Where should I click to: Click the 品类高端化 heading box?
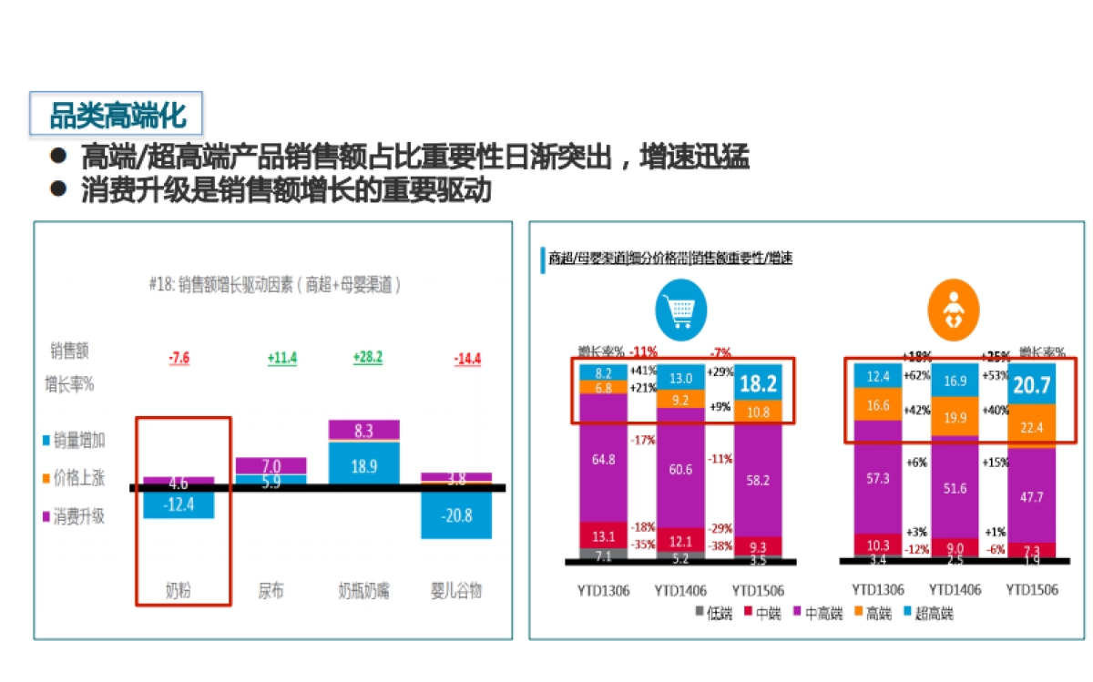point(116,116)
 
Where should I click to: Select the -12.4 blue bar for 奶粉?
point(179,504)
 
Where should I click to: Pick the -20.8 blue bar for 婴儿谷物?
point(456,514)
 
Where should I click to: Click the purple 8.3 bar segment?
point(363,429)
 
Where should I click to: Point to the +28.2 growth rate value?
point(367,358)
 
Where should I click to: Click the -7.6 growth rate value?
point(179,358)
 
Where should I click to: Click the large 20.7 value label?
point(1032,384)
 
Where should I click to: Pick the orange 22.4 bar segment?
point(1032,424)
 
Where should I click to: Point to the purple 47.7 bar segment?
point(1032,496)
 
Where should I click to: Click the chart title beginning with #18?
point(274,284)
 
